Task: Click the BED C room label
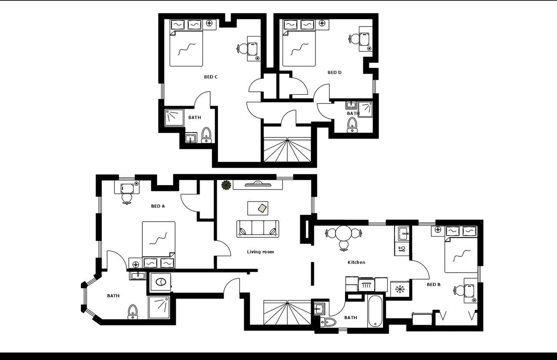211,77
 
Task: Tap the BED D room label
334,73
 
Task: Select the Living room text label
260,252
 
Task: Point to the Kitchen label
356,262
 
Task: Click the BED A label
158,206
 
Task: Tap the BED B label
433,285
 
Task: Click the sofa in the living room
258,229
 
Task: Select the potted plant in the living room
226,185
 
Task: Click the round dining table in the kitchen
344,233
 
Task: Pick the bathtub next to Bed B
375,312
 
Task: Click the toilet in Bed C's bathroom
206,135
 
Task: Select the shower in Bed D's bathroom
365,109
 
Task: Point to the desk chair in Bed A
127,198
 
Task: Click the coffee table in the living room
258,208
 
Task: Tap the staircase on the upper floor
287,150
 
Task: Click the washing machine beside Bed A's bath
161,282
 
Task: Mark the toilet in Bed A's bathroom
133,311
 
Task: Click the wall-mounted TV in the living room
258,185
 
